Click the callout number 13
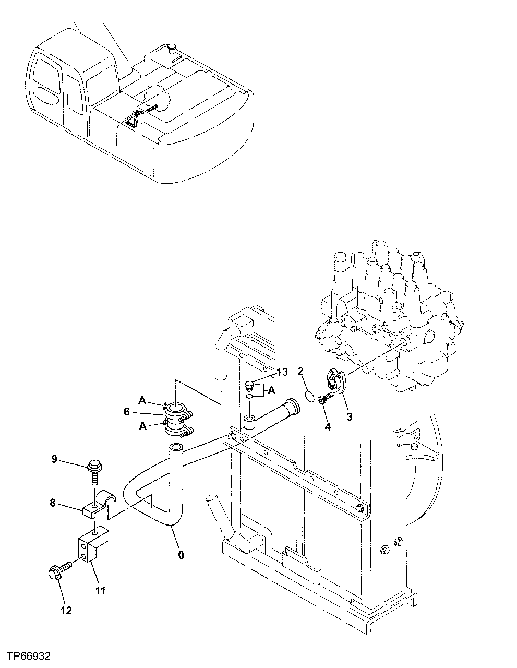pos(282,372)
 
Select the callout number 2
pos(300,372)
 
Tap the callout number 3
pos(349,416)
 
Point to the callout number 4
pos(327,426)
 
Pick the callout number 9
pos(54,459)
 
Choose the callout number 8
pos(52,504)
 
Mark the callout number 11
pos(100,590)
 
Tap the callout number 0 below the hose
pos(181,555)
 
